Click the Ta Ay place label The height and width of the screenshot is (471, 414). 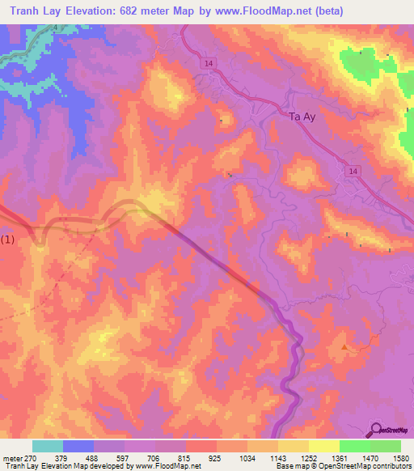tap(304, 117)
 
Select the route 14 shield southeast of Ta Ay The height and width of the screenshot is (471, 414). tap(355, 172)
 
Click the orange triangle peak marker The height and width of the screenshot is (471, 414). tap(345, 347)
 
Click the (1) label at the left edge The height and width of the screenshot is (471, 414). tap(8, 240)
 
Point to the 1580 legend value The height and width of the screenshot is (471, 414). tap(399, 457)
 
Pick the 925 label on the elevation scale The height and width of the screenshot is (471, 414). tap(214, 457)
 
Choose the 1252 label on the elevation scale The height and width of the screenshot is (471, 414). tap(307, 457)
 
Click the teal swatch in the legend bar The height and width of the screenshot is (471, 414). tap(48, 446)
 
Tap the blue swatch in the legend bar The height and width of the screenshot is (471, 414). tap(78, 446)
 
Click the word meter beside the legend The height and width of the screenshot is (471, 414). tap(11, 457)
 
